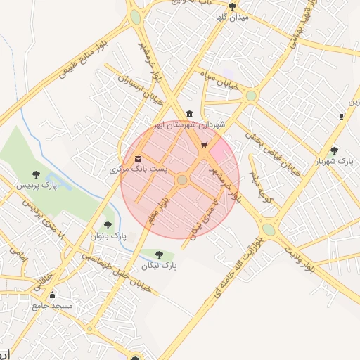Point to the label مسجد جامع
(x=52, y=307)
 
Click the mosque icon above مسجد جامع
(x=51, y=295)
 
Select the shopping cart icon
(x=204, y=146)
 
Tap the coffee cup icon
(x=342, y=115)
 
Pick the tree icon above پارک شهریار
(x=334, y=150)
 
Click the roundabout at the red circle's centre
(x=182, y=181)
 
